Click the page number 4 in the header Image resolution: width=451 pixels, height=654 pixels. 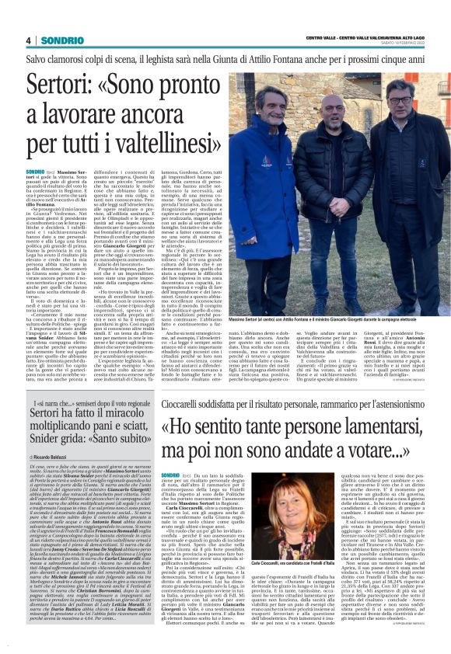[29, 40]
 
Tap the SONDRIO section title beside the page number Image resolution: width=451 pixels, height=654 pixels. [58, 40]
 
